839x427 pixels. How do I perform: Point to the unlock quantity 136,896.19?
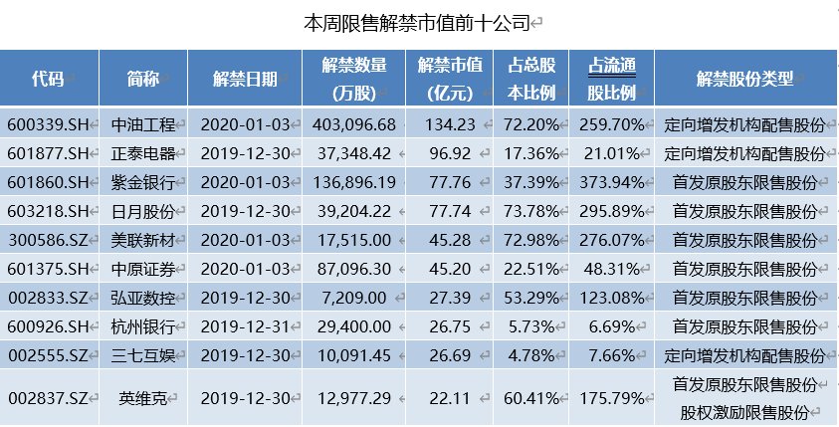click(x=354, y=183)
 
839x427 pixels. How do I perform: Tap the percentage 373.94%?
click(x=614, y=183)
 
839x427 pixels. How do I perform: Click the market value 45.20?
click(x=451, y=269)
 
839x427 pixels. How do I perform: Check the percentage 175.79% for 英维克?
click(x=614, y=397)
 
